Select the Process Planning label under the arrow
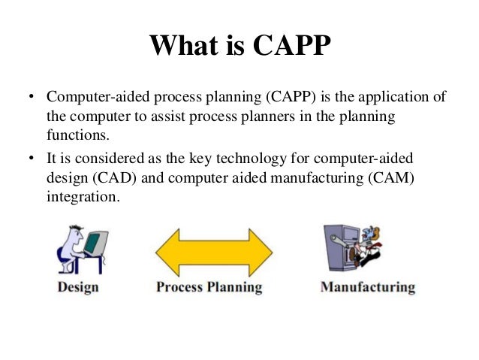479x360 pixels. click(x=209, y=287)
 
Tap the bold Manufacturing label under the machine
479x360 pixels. click(x=367, y=287)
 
